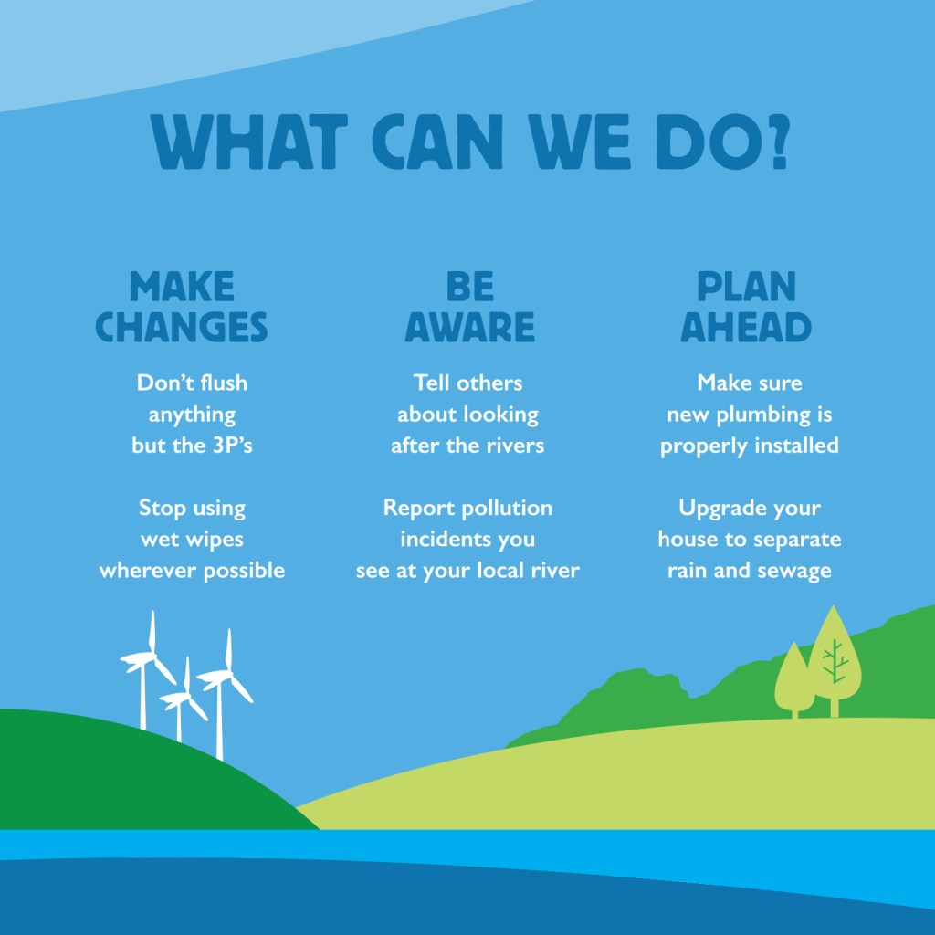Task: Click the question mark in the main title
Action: click(781, 142)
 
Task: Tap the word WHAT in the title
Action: click(248, 142)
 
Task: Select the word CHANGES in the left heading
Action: click(182, 327)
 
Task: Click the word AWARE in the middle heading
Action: click(470, 327)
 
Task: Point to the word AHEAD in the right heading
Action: click(746, 327)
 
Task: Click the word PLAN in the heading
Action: click(746, 287)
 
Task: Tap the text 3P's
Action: click(233, 446)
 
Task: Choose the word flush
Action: click(224, 383)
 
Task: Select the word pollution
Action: click(507, 508)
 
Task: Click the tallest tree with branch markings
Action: click(835, 661)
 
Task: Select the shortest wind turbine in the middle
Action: click(182, 699)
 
